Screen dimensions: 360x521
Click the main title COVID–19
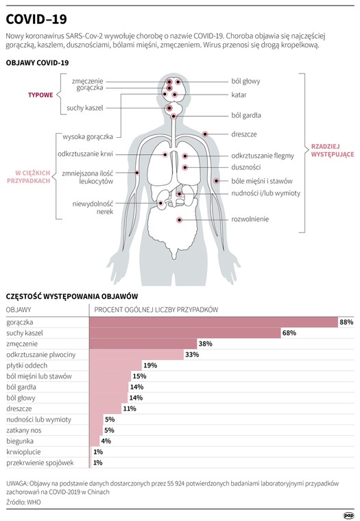coord(36,19)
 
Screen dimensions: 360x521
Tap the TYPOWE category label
coord(40,95)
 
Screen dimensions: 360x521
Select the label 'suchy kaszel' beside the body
coord(85,108)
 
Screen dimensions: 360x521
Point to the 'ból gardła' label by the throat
coord(246,116)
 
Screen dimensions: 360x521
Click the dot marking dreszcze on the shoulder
coord(205,134)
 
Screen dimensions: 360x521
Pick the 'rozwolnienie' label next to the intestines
coord(250,219)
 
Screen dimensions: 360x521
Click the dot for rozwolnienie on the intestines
coord(180,220)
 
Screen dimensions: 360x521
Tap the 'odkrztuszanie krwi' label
coord(85,154)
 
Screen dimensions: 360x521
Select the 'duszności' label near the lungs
coord(246,167)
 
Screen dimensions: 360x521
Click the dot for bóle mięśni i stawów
coord(217,181)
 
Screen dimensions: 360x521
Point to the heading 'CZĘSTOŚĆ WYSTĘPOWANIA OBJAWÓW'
coord(72,297)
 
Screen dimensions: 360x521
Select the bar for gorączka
coord(214,322)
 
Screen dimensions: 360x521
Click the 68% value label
coord(289,333)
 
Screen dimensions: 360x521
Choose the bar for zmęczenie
coord(143,344)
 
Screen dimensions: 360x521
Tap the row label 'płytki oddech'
coord(27,365)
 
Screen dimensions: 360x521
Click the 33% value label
coord(192,354)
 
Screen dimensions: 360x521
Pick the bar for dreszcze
coord(106,409)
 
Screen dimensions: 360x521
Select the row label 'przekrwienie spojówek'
coord(40,463)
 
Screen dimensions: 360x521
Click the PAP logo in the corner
coord(349,516)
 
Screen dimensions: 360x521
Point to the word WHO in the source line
coord(34,502)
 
